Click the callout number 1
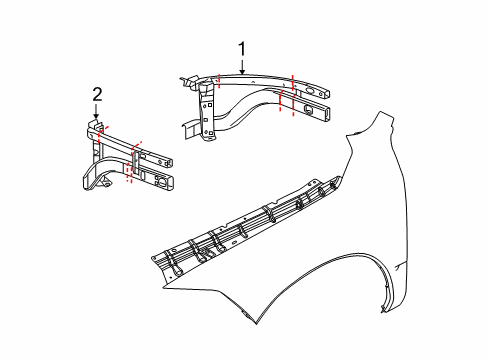pos(241,48)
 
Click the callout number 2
pos(97,95)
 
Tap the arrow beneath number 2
pos(97,113)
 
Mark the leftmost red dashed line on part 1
pos(218,82)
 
